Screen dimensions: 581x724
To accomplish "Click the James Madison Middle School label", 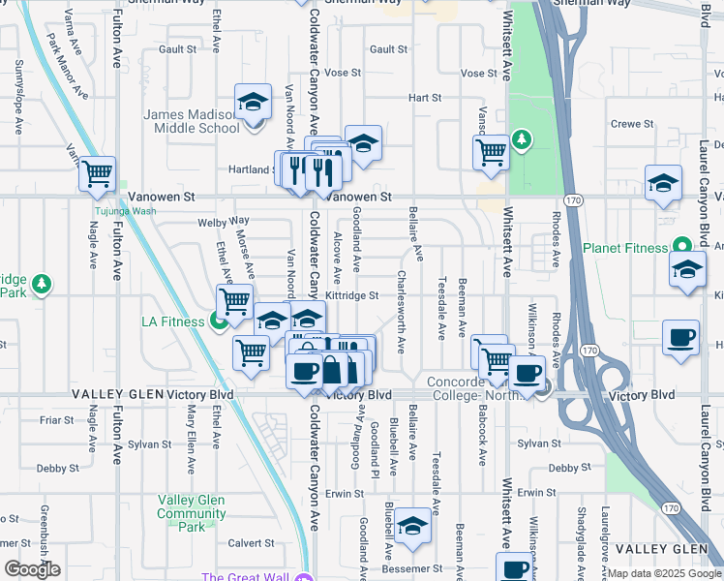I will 192,121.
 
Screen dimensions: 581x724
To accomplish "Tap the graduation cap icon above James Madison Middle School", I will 253,102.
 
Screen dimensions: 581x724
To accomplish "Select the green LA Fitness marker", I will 219,321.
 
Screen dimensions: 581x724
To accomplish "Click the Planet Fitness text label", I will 625,247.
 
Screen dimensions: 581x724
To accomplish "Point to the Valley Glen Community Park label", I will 192,513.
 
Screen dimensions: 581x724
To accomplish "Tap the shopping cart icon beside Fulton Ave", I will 97,174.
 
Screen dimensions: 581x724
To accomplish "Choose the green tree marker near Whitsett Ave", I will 521,140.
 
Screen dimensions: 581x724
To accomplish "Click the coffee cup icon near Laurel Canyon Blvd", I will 680,338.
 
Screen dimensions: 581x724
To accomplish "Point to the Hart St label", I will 424,98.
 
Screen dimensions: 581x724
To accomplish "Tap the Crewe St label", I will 632,124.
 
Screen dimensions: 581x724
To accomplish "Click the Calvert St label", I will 245,542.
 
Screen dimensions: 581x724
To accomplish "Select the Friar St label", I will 56,420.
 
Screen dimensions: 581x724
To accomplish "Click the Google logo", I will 31,569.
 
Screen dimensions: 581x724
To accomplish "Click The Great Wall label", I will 246,578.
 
